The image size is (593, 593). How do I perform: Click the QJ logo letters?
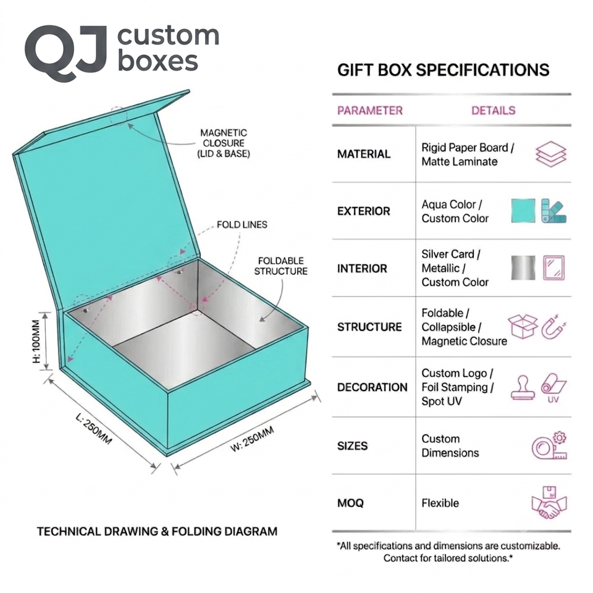click(65, 53)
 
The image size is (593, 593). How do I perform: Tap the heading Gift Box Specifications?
click(444, 70)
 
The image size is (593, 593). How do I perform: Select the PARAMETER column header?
click(370, 111)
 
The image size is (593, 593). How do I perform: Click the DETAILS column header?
click(493, 111)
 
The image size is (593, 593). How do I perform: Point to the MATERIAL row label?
click(364, 154)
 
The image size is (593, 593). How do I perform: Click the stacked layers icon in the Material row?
click(550, 154)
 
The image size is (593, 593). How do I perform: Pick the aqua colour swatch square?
click(523, 211)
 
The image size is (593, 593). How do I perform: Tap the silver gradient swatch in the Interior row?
click(523, 267)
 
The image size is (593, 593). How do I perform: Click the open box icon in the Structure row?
click(523, 326)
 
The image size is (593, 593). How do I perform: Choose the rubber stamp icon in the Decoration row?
click(523, 387)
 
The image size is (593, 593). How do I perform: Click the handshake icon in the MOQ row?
click(549, 502)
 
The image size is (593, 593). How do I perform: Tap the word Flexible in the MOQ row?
click(440, 503)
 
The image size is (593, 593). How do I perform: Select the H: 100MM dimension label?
click(36, 341)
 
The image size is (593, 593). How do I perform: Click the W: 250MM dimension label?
click(252, 439)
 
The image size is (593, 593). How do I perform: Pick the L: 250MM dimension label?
click(94, 429)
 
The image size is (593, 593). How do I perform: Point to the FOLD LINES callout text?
click(242, 225)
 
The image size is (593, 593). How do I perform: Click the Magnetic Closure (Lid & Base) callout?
click(224, 143)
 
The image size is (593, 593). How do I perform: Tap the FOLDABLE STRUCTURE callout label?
click(280, 266)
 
